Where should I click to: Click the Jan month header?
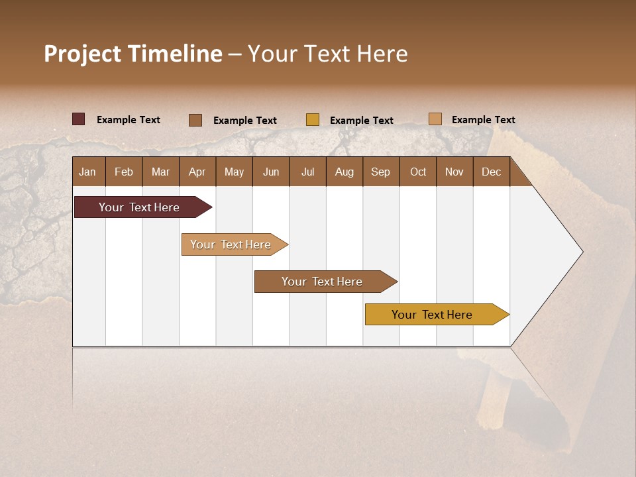[x=87, y=172]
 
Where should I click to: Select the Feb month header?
[x=124, y=172]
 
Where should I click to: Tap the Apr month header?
[x=197, y=172]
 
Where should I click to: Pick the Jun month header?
[x=271, y=172]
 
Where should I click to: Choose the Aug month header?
[x=344, y=172]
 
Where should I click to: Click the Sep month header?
[x=380, y=172]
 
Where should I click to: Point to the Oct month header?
[x=418, y=172]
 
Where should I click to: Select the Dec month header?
[x=491, y=172]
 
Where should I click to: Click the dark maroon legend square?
[x=78, y=119]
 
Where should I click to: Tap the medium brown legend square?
[x=195, y=120]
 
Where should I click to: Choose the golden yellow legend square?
[x=312, y=119]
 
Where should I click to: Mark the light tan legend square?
[x=435, y=119]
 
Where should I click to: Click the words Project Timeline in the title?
[x=132, y=54]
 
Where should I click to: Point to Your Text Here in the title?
[x=327, y=54]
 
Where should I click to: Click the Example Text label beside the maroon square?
[x=129, y=120]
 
